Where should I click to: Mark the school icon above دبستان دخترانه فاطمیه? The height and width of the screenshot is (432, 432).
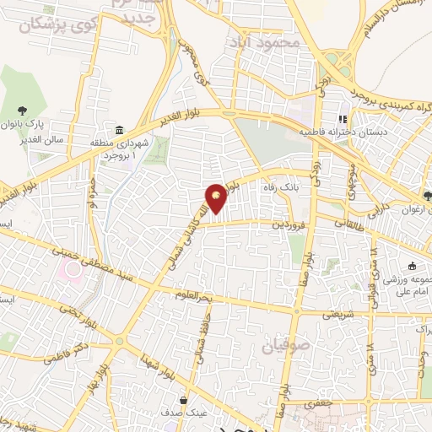click(x=343, y=119)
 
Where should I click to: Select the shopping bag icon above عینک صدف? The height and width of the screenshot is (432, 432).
click(x=183, y=400)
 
